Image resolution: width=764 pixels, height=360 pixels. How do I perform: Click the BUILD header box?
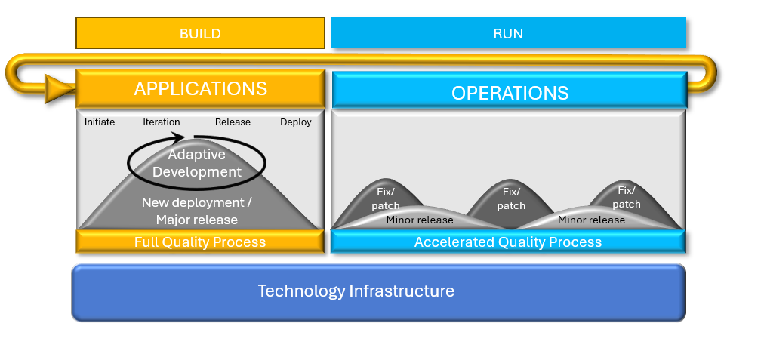click(x=200, y=33)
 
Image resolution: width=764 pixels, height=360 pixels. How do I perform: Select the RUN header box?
click(x=509, y=33)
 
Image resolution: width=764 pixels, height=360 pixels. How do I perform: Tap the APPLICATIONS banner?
click(x=200, y=88)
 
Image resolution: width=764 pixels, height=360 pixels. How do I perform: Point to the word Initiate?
click(x=100, y=122)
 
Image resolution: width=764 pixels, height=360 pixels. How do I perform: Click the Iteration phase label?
click(x=162, y=122)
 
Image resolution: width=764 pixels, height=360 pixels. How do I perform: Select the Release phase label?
click(x=233, y=122)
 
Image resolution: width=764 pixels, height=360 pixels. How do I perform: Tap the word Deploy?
click(x=296, y=122)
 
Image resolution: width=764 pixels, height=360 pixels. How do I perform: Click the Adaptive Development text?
click(x=197, y=163)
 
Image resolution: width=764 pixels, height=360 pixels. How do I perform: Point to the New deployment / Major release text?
click(x=197, y=211)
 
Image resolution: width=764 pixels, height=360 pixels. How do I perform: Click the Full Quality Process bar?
click(x=200, y=242)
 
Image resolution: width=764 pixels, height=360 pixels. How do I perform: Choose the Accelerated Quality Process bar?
click(x=508, y=242)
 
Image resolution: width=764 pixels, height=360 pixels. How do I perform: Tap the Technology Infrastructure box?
click(x=378, y=292)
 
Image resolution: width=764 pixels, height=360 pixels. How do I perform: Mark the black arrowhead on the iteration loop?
click(x=179, y=137)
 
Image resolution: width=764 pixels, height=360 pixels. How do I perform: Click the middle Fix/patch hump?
click(x=510, y=196)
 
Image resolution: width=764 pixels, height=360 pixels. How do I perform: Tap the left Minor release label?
click(x=420, y=220)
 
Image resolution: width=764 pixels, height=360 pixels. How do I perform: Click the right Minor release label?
click(x=591, y=220)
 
